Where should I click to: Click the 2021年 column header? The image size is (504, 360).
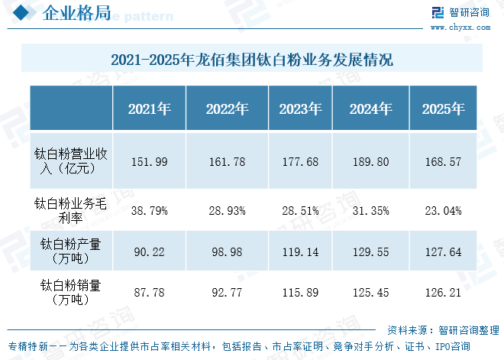point(150,109)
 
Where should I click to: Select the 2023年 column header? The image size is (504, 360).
point(300,109)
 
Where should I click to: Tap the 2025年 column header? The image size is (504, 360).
point(443,109)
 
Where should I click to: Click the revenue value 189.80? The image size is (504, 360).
point(370,161)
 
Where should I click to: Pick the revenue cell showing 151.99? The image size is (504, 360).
point(150,161)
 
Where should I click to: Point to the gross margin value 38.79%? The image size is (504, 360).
point(150,211)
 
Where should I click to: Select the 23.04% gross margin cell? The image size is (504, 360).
point(443,211)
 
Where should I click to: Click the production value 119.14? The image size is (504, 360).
point(300,252)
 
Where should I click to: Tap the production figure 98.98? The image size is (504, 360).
point(227,252)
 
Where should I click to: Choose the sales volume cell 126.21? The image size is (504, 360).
point(443,293)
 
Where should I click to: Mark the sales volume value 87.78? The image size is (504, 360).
point(150,293)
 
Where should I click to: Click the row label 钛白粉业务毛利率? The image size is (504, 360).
point(70,211)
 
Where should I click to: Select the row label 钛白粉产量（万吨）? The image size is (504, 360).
point(70,251)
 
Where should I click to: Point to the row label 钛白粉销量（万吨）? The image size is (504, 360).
point(70,292)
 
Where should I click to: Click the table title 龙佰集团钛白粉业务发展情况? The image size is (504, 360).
point(294,60)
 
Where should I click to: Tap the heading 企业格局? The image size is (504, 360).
point(76,13)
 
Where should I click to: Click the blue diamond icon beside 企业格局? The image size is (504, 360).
point(21,12)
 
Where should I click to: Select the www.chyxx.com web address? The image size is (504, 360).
point(460,28)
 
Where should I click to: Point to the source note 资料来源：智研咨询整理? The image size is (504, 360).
point(443,330)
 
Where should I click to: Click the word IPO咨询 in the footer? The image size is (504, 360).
point(453,346)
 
